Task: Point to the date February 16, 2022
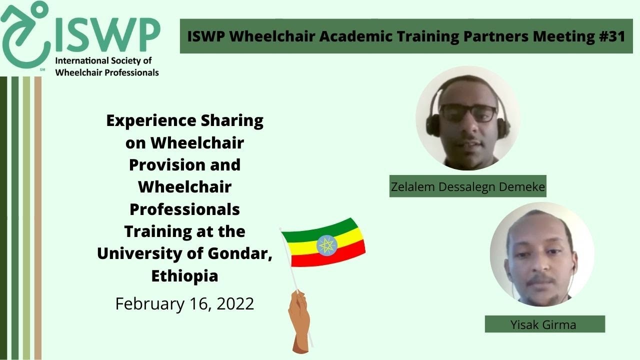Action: coord(184,303)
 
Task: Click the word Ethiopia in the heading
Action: coord(184,275)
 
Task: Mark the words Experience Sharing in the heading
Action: coord(184,120)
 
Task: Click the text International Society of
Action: coord(103,61)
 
